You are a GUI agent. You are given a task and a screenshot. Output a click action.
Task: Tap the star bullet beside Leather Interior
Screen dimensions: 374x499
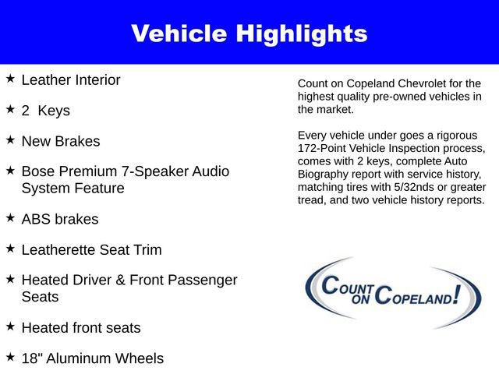pos(10,79)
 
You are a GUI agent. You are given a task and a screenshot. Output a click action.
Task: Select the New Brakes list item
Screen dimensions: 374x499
pos(61,141)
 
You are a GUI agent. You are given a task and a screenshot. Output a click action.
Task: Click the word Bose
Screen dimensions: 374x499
pos(39,171)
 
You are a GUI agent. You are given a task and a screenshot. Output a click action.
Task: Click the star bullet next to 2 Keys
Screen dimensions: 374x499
pos(10,110)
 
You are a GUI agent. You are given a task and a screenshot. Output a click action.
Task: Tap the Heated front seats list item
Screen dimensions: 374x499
pos(81,328)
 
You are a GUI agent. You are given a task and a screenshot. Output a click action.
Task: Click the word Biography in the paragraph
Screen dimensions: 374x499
pos(325,174)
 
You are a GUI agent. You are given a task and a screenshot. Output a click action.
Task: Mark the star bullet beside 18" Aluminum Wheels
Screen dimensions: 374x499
pos(10,357)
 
